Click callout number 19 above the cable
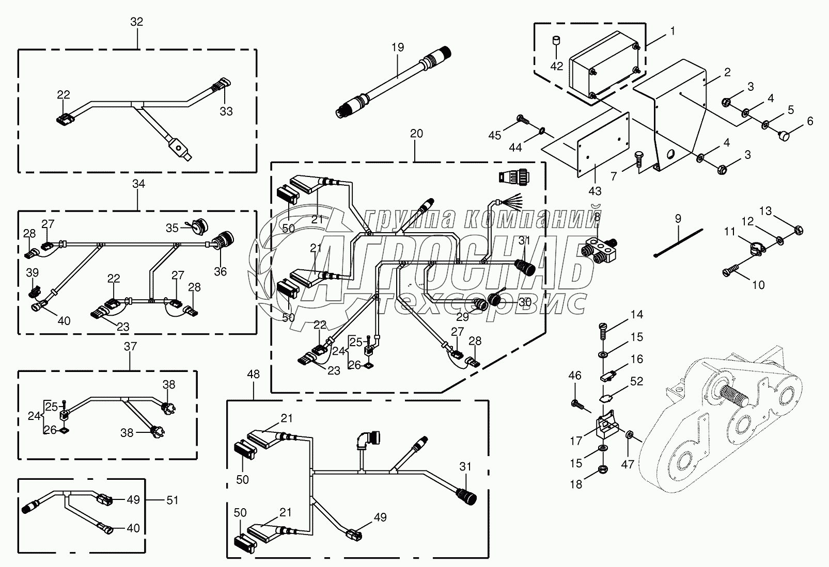click(x=397, y=47)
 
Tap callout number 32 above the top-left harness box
click(x=137, y=22)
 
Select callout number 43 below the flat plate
click(x=595, y=191)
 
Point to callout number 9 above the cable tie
click(x=678, y=218)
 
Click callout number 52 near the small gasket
click(x=636, y=382)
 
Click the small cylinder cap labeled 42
click(x=557, y=40)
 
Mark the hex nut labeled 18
click(x=602, y=469)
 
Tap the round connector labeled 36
click(x=225, y=240)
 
